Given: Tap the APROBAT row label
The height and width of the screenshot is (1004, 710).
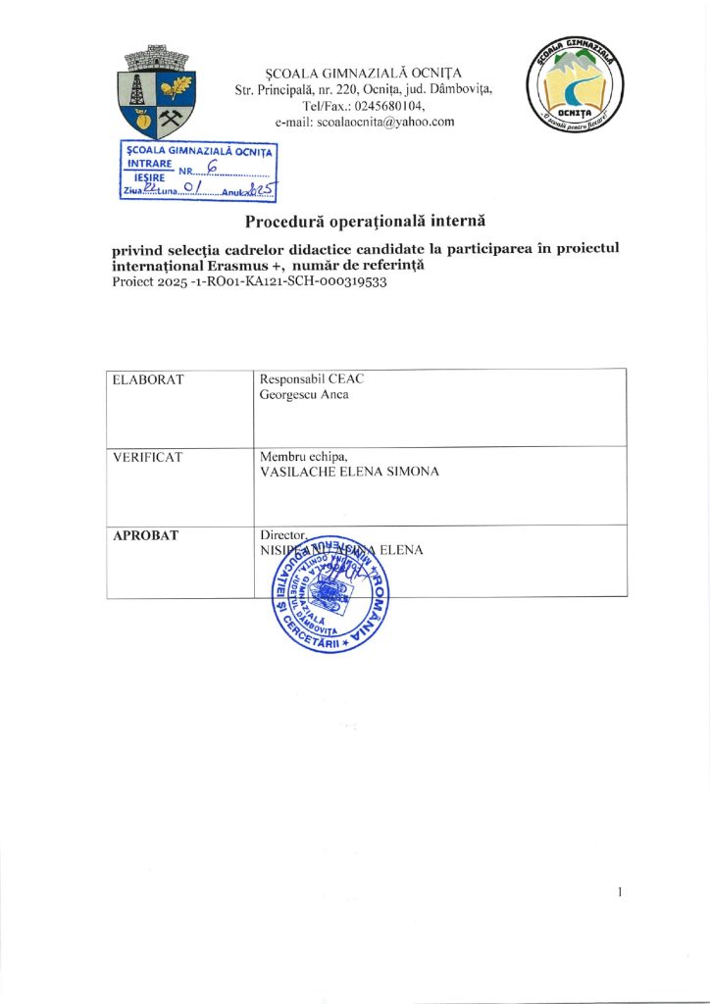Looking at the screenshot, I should pyautogui.click(x=145, y=535).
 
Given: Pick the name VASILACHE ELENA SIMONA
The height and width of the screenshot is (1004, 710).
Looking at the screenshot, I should pyautogui.click(x=348, y=472).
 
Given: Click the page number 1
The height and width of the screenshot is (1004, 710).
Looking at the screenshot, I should pyautogui.click(x=621, y=892).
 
